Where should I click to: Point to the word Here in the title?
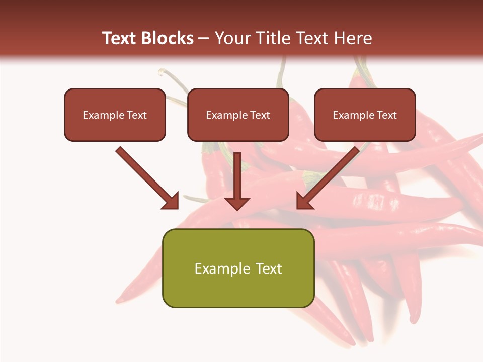355,38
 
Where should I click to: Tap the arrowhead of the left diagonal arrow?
171,201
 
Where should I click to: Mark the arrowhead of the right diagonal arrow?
304,201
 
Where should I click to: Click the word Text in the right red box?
387,115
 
